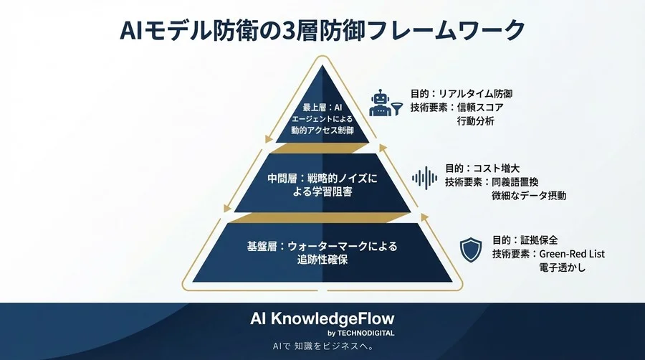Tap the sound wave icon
click(x=426, y=177)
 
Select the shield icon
click(x=470, y=250)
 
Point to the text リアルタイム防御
click(x=477, y=93)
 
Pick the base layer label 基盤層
click(x=262, y=246)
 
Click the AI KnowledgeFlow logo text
click(x=321, y=318)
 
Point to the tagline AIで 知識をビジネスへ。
click(x=322, y=347)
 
